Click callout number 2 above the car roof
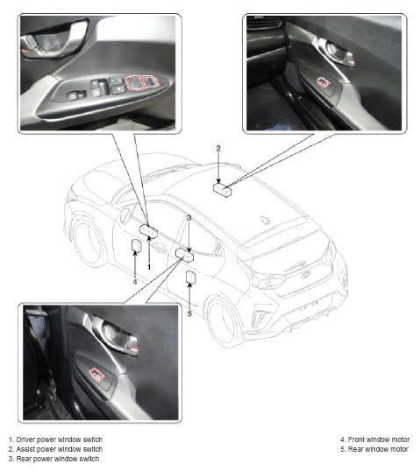218,148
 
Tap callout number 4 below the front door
135,282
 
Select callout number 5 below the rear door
189,313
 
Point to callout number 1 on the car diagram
149,267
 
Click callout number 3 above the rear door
189,218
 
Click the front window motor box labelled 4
137,245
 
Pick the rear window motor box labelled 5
191,277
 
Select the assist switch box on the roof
223,190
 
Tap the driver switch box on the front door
149,231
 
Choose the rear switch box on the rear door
185,255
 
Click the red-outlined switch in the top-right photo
323,82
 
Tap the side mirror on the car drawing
125,214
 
